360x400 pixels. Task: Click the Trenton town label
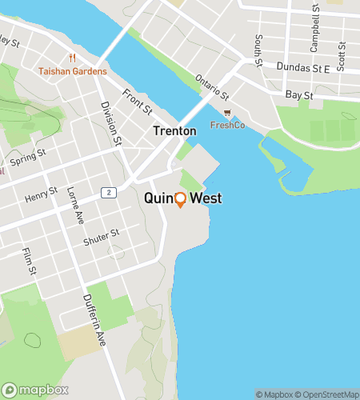click(x=174, y=130)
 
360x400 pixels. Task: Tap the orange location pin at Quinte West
click(x=180, y=199)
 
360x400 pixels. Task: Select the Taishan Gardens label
click(x=72, y=71)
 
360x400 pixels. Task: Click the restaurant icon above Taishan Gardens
click(x=72, y=58)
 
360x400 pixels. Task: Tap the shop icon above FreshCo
click(x=227, y=113)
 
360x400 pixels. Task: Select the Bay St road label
click(x=298, y=94)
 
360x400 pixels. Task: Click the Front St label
click(x=137, y=101)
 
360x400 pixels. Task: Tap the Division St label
click(x=111, y=122)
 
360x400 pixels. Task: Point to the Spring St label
click(x=29, y=154)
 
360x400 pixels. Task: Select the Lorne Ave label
click(x=76, y=203)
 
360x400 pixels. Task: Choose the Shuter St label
click(x=102, y=237)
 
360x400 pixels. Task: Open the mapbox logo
click(x=34, y=390)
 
